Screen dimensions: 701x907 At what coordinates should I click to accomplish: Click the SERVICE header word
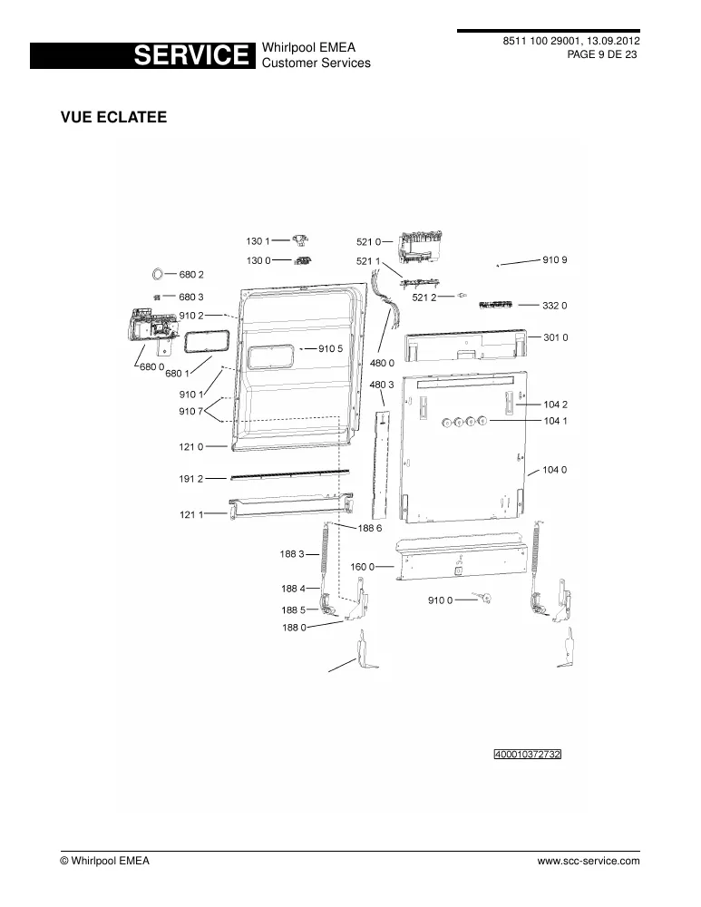click(190, 55)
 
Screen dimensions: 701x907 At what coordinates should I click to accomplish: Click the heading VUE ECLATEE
click(114, 117)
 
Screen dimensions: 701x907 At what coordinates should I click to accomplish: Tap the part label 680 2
click(191, 274)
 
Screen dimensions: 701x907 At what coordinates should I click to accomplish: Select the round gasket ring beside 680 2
click(157, 274)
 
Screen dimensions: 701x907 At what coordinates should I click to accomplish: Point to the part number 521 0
click(368, 242)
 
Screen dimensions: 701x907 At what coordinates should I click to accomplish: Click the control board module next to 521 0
click(421, 248)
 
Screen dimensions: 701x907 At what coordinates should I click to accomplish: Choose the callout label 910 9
click(555, 259)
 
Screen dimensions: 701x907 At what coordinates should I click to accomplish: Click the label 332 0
click(555, 306)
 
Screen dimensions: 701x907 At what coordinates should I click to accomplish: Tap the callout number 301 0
click(555, 337)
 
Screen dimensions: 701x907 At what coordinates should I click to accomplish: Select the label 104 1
click(555, 421)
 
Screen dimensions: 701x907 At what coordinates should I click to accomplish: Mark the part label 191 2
click(190, 478)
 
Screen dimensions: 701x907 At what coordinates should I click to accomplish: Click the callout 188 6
click(370, 528)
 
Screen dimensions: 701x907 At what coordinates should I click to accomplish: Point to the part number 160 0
click(363, 567)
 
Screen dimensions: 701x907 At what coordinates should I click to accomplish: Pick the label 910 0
click(440, 600)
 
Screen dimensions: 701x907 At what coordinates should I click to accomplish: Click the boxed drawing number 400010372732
click(528, 755)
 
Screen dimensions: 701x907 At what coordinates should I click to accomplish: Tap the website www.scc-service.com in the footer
click(589, 861)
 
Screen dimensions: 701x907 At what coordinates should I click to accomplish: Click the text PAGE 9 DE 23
click(602, 54)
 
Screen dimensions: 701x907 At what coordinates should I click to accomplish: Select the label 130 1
click(258, 241)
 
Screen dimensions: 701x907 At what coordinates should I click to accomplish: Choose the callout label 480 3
click(382, 385)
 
